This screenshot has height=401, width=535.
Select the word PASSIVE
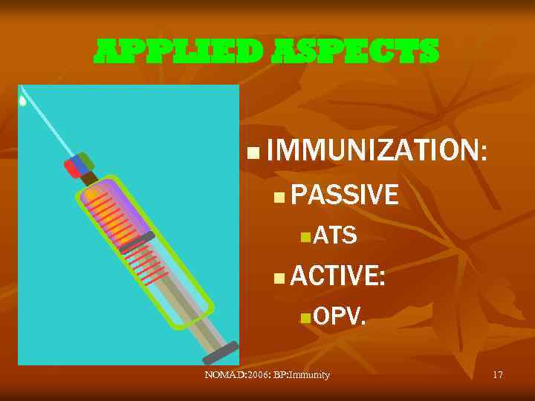coord(346,195)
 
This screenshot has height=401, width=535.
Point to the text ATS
coord(335,236)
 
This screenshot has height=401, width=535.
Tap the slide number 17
coord(498,375)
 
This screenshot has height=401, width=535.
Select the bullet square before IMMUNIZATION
coord(253,154)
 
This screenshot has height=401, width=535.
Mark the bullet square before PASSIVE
coord(278,197)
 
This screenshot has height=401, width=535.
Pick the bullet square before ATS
coord(305,238)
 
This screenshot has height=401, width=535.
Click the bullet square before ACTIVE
coord(278,279)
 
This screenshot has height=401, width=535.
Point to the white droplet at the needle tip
coord(23,101)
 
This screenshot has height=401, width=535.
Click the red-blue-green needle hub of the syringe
coord(79,164)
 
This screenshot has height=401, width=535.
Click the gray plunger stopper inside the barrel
coord(137,241)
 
